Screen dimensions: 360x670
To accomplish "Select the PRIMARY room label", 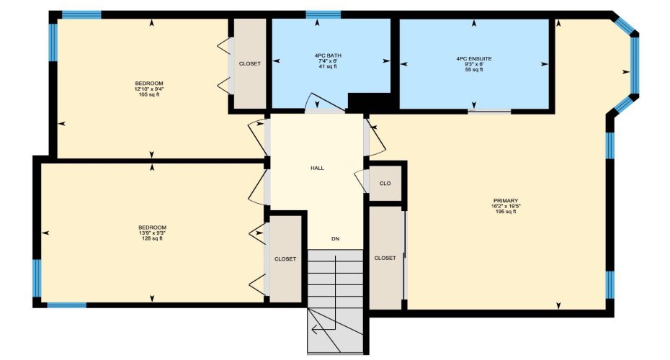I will click(506, 200).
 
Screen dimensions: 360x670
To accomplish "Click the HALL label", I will click(317, 168).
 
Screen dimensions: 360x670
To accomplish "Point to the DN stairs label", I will click(335, 238).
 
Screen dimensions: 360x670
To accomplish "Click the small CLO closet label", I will click(385, 184).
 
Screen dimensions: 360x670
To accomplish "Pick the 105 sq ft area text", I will click(149, 94).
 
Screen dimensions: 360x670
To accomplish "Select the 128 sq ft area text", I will click(152, 238).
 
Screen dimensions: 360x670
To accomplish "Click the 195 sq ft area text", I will click(506, 212).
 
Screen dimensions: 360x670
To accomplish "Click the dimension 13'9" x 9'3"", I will click(152, 233).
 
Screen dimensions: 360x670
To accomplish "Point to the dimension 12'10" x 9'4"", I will click(150, 89).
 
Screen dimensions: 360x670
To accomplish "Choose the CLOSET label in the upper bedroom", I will click(249, 63).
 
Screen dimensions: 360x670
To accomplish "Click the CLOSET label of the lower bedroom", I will click(285, 258).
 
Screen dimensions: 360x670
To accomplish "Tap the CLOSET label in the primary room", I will click(385, 258).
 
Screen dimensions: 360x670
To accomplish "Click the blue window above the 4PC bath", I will click(323, 14).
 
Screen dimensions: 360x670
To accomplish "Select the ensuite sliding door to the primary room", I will click(490, 111).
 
